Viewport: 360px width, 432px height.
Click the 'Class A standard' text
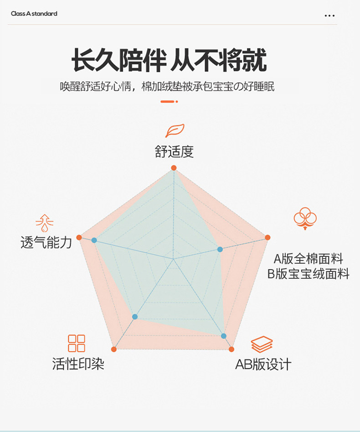tap(34, 14)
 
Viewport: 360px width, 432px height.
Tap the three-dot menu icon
tap(329, 16)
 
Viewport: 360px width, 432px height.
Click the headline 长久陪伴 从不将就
tap(169, 61)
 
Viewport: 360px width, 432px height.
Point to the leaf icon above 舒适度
tap(175, 130)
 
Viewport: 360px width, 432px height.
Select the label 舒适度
tap(174, 152)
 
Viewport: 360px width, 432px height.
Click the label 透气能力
tap(46, 242)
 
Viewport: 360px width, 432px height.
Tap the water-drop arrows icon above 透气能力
tap(45, 223)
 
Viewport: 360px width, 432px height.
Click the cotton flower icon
tap(305, 217)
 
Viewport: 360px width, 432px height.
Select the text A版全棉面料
tap(309, 259)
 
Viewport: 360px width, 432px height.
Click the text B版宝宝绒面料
tap(309, 274)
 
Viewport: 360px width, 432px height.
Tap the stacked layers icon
tap(262, 344)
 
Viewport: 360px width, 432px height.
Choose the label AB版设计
tap(263, 364)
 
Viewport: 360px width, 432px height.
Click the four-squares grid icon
tap(77, 343)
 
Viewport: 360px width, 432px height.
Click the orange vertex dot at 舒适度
tap(174, 168)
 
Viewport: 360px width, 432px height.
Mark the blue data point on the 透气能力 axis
tap(94, 240)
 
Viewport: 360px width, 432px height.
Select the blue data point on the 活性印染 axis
tap(134, 317)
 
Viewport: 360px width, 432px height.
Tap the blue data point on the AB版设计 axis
tap(224, 336)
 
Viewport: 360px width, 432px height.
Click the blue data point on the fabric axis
tap(220, 249)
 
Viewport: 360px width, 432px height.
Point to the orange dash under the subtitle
tap(169, 101)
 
